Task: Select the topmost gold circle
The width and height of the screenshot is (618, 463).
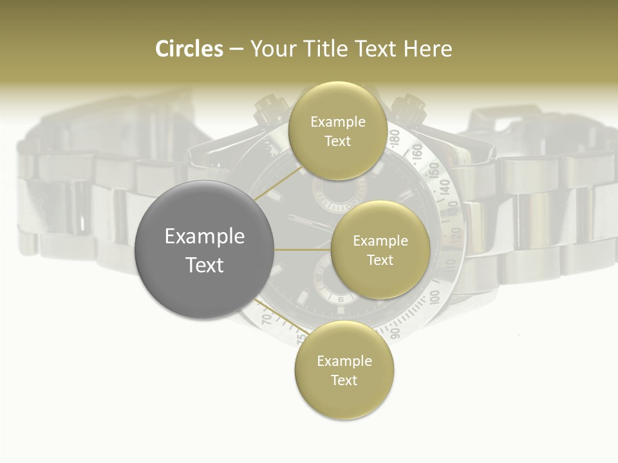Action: [337, 131]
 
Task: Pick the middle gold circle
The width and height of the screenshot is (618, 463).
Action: [380, 250]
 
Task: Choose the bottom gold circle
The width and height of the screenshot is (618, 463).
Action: [344, 370]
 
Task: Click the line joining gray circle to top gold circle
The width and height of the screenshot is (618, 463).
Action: [278, 184]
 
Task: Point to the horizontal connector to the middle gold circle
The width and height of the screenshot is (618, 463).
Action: [303, 250]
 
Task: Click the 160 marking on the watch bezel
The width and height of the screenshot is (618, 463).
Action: [417, 152]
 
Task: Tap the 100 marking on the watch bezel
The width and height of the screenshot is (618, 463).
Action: [435, 296]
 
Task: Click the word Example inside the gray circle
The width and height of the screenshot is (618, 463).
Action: [205, 237]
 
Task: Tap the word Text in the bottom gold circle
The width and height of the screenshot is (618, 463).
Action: [344, 380]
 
